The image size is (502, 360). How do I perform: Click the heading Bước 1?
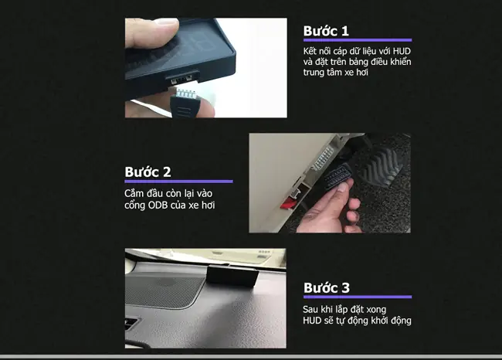pyautogui.click(x=326, y=31)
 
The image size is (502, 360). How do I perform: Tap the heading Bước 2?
pyautogui.click(x=148, y=172)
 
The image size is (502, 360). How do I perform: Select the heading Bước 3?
pyautogui.click(x=327, y=287)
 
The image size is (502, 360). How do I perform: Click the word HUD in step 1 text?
pyautogui.click(x=402, y=51)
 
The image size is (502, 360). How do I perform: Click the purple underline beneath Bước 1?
pyautogui.click(x=358, y=40)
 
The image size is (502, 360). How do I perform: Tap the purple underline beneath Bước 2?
pyautogui.click(x=178, y=182)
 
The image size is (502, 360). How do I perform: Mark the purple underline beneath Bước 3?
pyautogui.click(x=358, y=297)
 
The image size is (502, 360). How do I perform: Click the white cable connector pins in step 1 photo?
pyautogui.click(x=185, y=93)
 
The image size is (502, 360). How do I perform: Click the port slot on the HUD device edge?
pyautogui.click(x=181, y=79)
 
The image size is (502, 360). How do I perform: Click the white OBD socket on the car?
pyautogui.click(x=324, y=158)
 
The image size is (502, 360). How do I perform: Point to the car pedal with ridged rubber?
pyautogui.click(x=381, y=165)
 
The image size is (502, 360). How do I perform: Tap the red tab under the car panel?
pyautogui.click(x=288, y=203)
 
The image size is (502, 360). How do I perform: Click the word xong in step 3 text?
pyautogui.click(x=376, y=310)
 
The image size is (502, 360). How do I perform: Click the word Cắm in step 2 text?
pyautogui.click(x=133, y=193)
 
